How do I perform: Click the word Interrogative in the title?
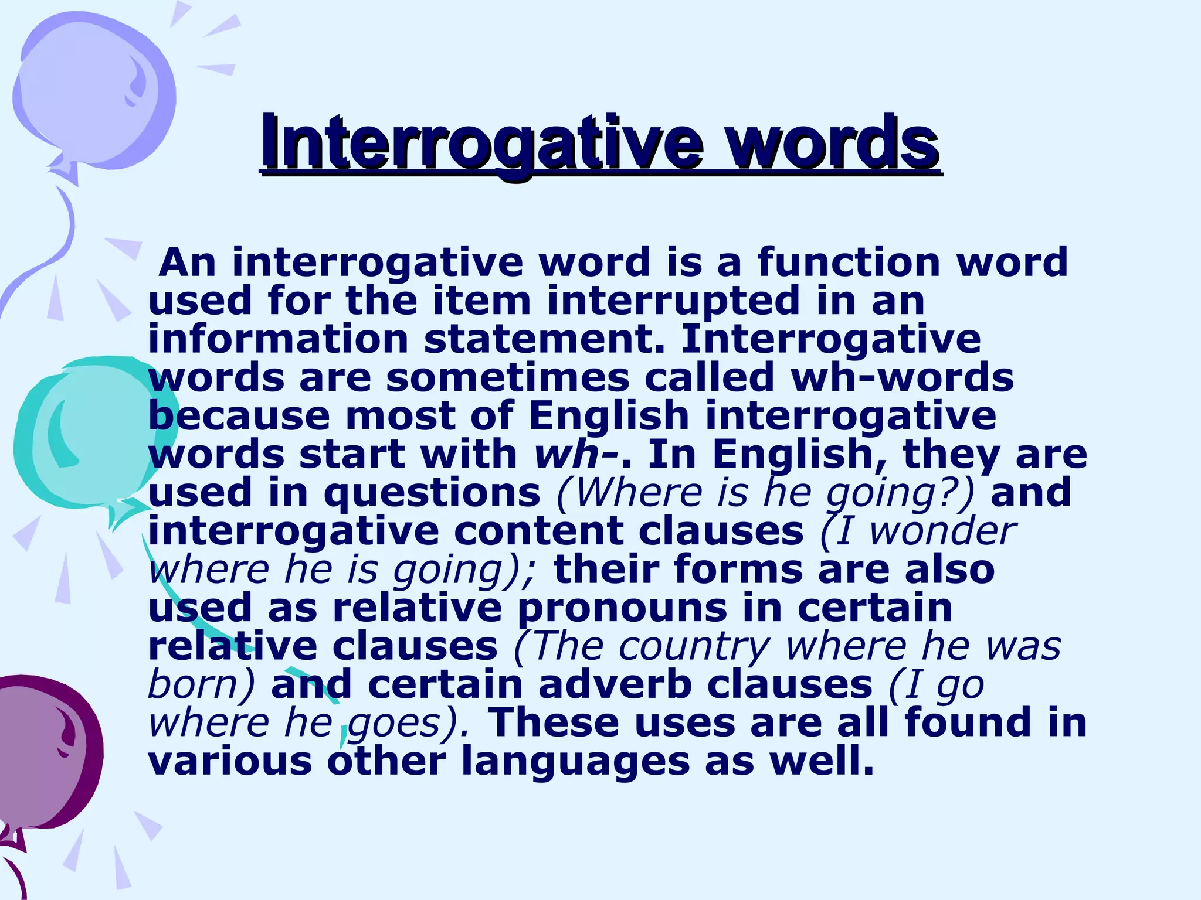481,142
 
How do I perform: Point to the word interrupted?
673,301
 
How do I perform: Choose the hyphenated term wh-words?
902,378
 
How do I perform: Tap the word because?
239,416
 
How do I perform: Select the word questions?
432,493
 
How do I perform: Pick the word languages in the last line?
575,761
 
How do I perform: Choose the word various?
230,761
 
